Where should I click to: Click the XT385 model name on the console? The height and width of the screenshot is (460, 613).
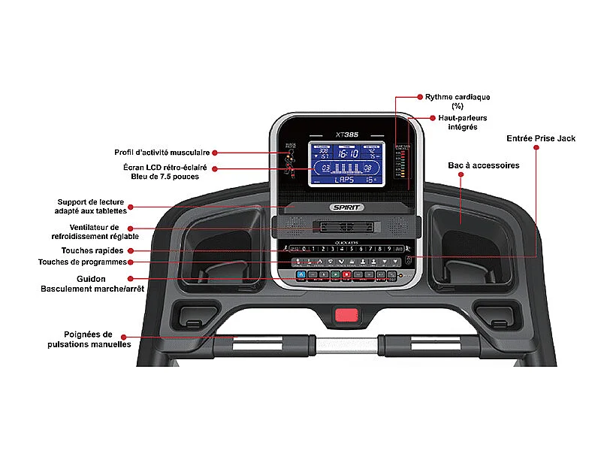[x=347, y=134]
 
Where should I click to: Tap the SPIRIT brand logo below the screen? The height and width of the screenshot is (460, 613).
[x=347, y=207]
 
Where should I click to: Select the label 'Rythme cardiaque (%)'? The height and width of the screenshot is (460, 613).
[x=457, y=101]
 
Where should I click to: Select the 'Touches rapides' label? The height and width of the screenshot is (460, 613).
[x=87, y=250]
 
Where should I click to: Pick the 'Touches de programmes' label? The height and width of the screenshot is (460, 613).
[x=83, y=262]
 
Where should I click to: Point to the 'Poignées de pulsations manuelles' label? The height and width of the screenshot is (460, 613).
[x=88, y=339]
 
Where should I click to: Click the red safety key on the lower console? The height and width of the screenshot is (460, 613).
[x=346, y=316]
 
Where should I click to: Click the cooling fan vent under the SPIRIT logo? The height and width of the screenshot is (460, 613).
[x=346, y=226]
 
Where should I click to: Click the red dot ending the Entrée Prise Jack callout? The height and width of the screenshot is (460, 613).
[x=536, y=149]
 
